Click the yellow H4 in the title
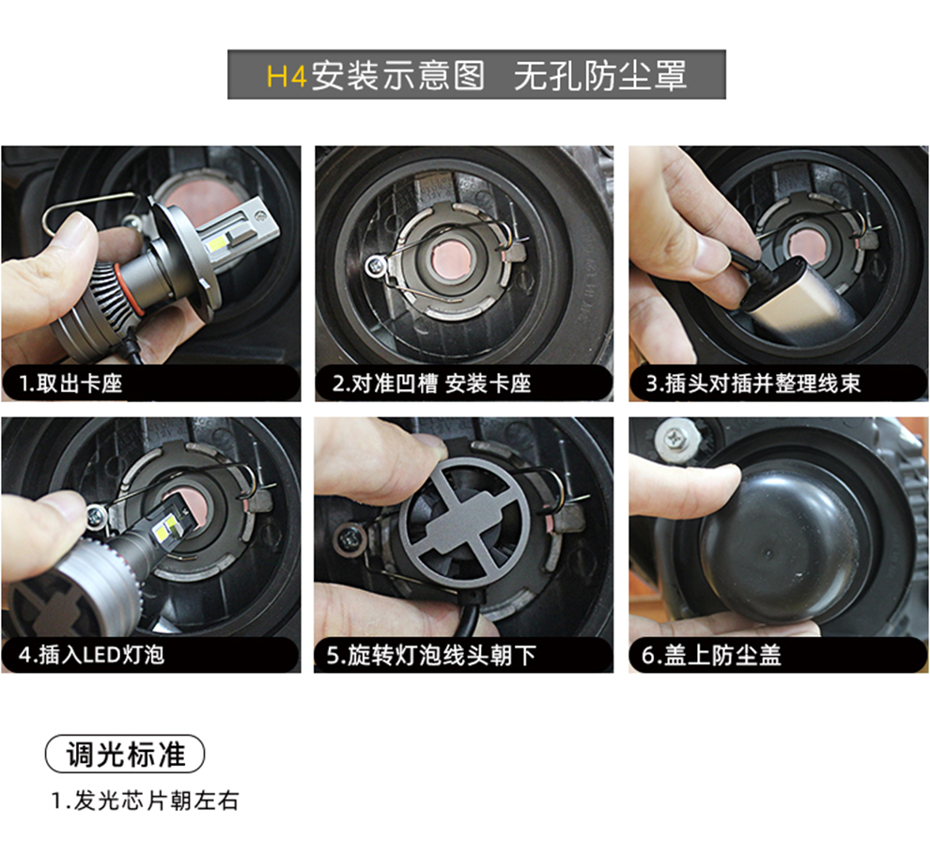(x=287, y=76)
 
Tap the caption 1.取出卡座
(x=70, y=383)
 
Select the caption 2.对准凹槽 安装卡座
(x=432, y=383)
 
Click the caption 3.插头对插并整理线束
(x=752, y=383)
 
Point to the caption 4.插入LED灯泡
(x=91, y=655)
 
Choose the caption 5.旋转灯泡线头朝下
(x=431, y=655)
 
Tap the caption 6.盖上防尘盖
(x=711, y=655)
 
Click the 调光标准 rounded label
(x=125, y=754)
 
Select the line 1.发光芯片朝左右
(x=145, y=801)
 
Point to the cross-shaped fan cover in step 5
(x=464, y=522)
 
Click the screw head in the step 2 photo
(x=375, y=265)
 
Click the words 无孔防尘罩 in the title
(x=600, y=76)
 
